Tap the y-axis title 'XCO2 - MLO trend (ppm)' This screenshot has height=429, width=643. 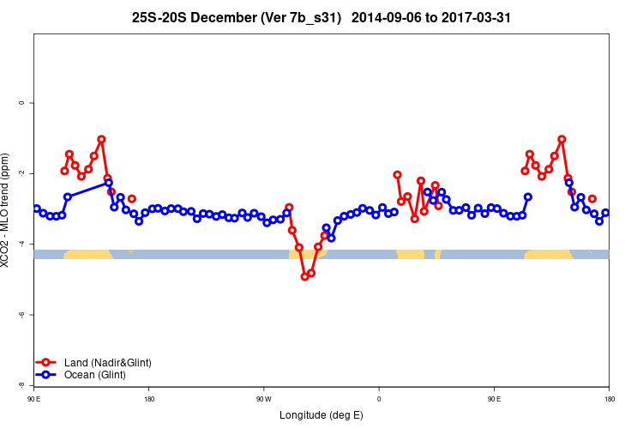click(x=7, y=209)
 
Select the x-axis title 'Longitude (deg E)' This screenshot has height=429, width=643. click(x=321, y=415)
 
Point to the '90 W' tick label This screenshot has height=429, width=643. click(x=263, y=399)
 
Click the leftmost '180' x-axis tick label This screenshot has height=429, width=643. click(x=149, y=399)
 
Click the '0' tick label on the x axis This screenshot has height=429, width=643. click(x=379, y=399)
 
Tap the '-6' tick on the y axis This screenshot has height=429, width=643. click(x=21, y=315)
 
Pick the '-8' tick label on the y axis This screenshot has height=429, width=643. click(x=21, y=385)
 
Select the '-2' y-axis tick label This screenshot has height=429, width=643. click(x=21, y=173)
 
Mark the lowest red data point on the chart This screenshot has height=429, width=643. click(x=304, y=276)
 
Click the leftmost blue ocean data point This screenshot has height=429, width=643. click(x=36, y=208)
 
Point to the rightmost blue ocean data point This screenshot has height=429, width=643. click(x=605, y=213)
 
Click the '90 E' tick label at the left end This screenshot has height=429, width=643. click(x=34, y=399)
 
